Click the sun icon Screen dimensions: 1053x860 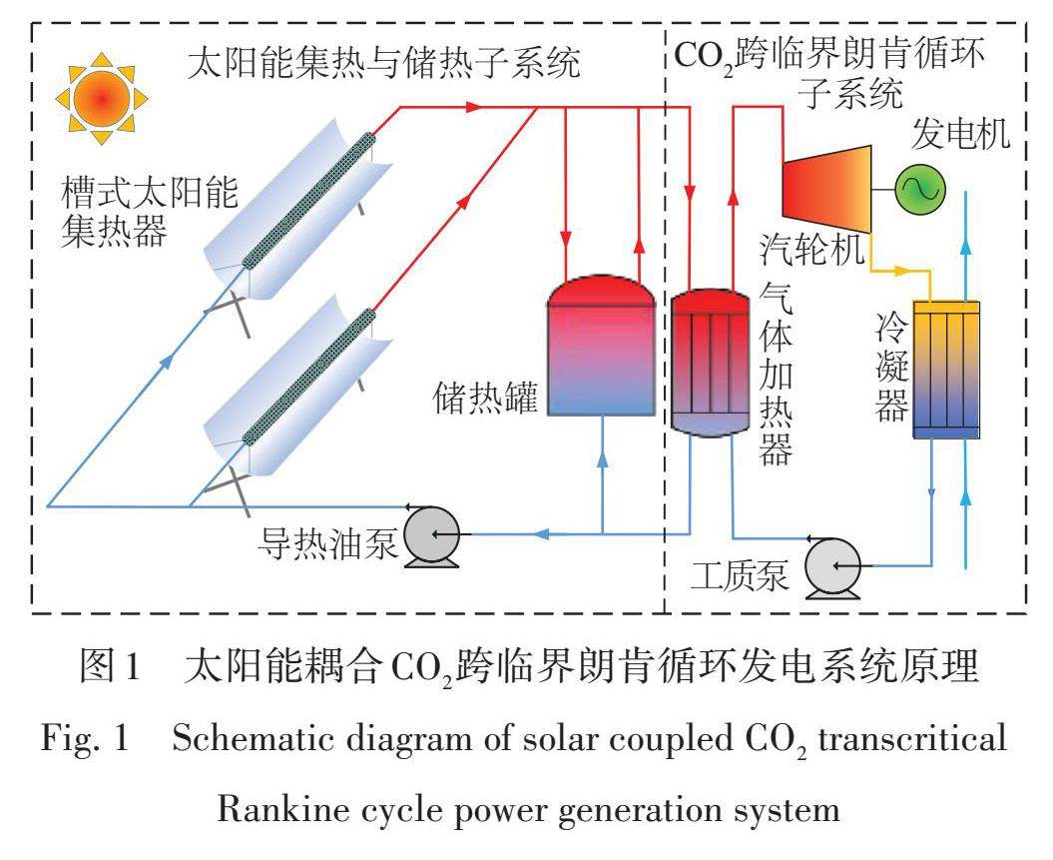pyautogui.click(x=102, y=99)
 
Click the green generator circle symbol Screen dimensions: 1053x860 pyautogui.click(x=919, y=190)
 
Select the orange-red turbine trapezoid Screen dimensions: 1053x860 pyautogui.click(x=826, y=190)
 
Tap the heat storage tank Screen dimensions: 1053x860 pyautogui.click(x=601, y=345)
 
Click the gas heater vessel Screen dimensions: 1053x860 pyautogui.click(x=711, y=363)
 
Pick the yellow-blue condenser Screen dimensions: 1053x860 pyautogui.click(x=946, y=370)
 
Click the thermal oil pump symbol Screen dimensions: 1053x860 pyautogui.click(x=432, y=536)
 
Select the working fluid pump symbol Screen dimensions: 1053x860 pyautogui.click(x=832, y=567)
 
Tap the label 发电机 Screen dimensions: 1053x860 pyautogui.click(x=960, y=134)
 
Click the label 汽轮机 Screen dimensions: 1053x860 pyautogui.click(x=811, y=250)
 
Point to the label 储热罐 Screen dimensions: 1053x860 pyautogui.click(x=485, y=398)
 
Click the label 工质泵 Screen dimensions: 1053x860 pyautogui.click(x=740, y=575)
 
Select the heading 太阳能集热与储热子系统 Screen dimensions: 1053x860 pyautogui.click(x=383, y=63)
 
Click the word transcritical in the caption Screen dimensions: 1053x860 pyautogui.click(x=912, y=740)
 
